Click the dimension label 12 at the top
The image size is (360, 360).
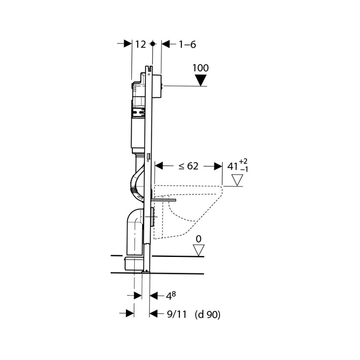pos(140,44)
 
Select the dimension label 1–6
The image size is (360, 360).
pos(187,44)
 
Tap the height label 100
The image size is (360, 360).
pos(200,68)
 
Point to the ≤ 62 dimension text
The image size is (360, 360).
pos(189,166)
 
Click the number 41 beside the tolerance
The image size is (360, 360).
pos(233,166)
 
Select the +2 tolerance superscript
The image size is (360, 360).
pos(243,162)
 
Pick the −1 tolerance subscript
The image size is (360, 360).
pos(244,170)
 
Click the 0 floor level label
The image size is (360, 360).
pos(198,239)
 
